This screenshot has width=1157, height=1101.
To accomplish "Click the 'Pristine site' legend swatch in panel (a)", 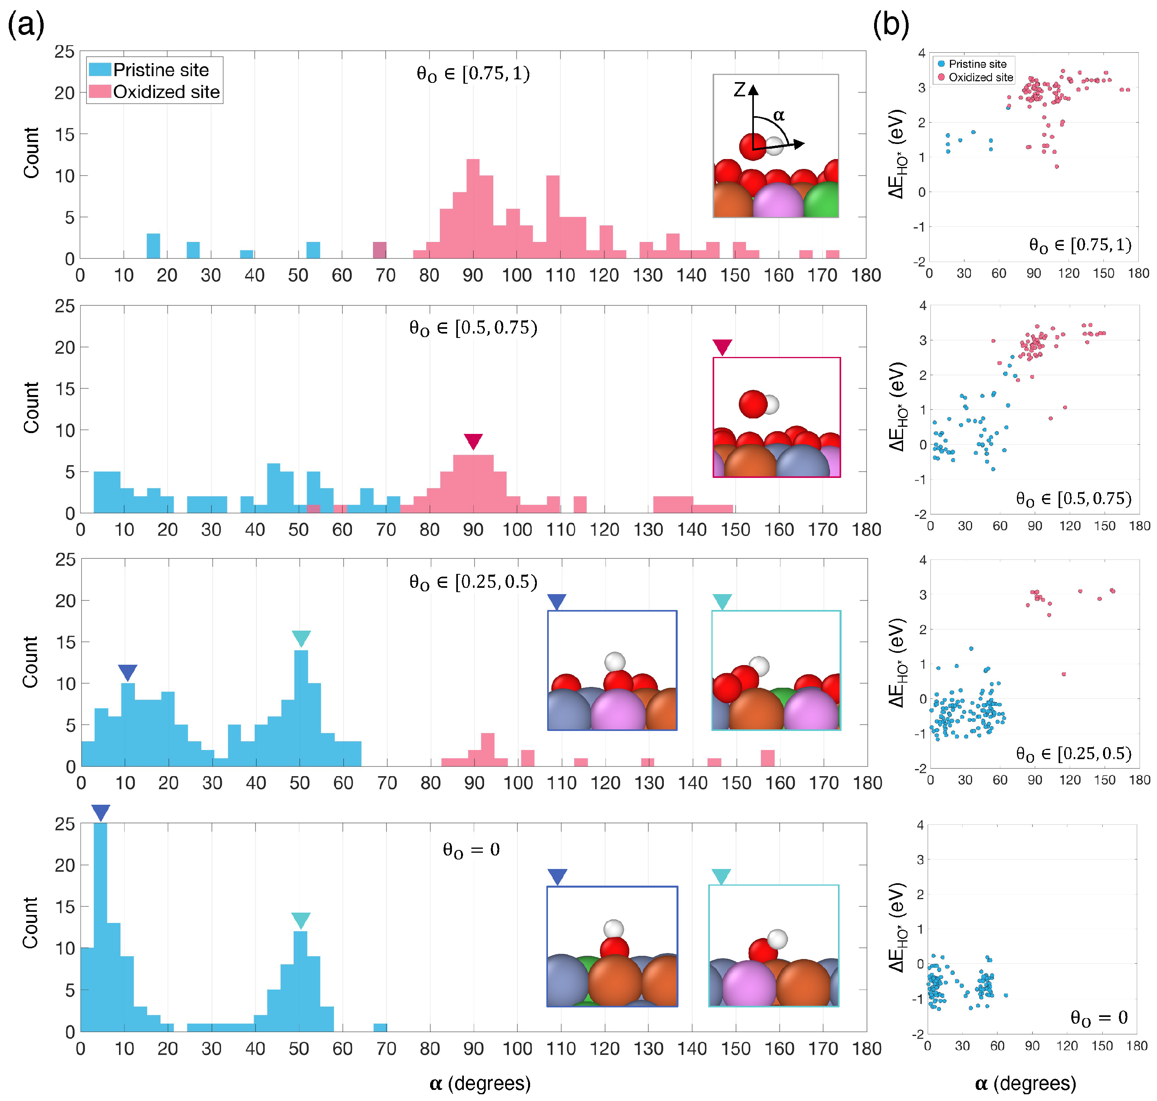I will tap(100, 69).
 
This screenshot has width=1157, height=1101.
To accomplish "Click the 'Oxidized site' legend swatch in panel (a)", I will tap(100, 92).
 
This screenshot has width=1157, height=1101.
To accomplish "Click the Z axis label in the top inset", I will tap(739, 90).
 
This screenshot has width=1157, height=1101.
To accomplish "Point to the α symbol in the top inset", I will tap(779, 115).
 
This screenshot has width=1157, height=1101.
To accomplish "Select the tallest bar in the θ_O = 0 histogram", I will tap(100, 927).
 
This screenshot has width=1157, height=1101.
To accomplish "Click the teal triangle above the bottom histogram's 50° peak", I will tap(300, 920).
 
